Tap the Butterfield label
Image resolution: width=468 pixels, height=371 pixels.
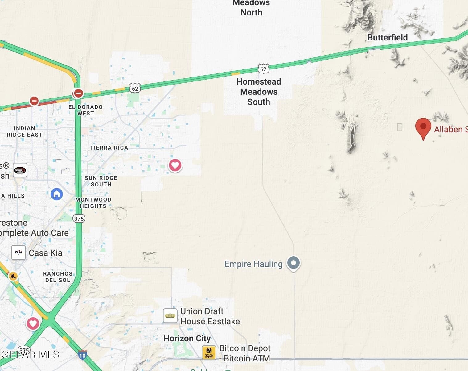pyautogui.click(x=388, y=37)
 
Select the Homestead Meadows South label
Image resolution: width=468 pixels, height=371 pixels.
pyautogui.click(x=259, y=92)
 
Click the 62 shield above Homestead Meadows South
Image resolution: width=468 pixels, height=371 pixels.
pyautogui.click(x=263, y=69)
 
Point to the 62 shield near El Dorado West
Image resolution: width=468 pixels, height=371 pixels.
pyautogui.click(x=135, y=89)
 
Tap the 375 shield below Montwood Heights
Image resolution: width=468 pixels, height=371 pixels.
pyautogui.click(x=79, y=219)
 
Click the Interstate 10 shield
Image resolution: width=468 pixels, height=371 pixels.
pyautogui.click(x=82, y=355)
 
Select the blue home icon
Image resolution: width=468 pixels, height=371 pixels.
pyautogui.click(x=57, y=194)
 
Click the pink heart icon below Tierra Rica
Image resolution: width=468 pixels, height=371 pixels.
pyautogui.click(x=175, y=165)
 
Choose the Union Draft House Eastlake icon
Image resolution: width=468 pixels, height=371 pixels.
pyautogui.click(x=170, y=316)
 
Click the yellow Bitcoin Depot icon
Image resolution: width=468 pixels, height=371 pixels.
pyautogui.click(x=209, y=353)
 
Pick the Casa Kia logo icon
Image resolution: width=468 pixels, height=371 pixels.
pyautogui.click(x=18, y=252)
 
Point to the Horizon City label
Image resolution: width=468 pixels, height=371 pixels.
pyautogui.click(x=187, y=338)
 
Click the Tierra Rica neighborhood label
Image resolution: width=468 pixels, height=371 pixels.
pyautogui.click(x=109, y=148)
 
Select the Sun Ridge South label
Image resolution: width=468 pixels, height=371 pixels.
pyautogui.click(x=101, y=181)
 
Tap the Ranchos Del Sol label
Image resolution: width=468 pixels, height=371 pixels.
pyautogui.click(x=58, y=277)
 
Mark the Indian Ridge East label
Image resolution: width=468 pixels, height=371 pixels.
pyautogui.click(x=24, y=131)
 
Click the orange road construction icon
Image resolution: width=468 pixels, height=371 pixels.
pyautogui.click(x=13, y=276)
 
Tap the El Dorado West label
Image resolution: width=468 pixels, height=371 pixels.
pyautogui.click(x=85, y=110)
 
